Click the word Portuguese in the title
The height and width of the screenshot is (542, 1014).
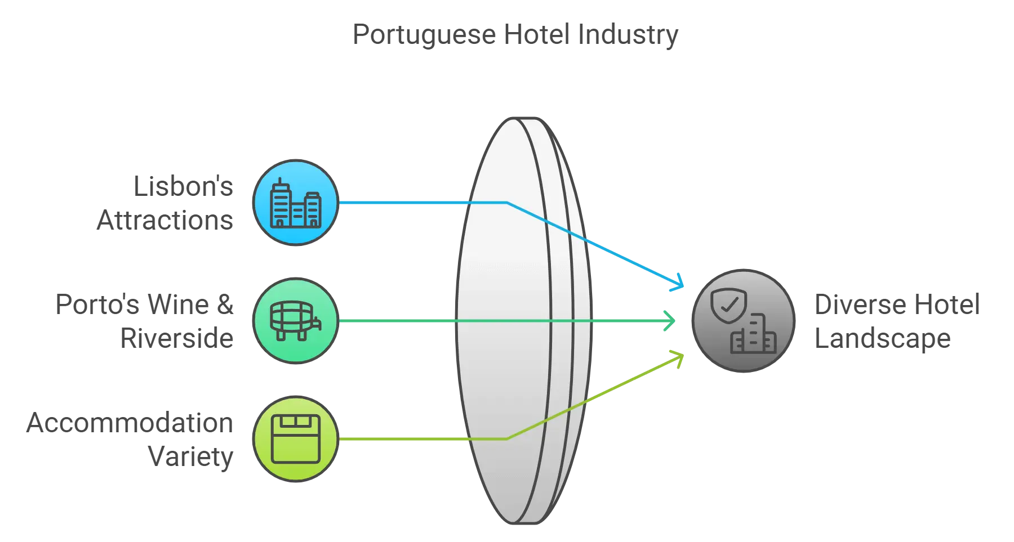click(424, 35)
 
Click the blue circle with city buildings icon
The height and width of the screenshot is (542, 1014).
click(296, 203)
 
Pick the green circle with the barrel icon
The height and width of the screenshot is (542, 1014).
click(296, 321)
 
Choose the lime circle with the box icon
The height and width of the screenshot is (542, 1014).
click(296, 439)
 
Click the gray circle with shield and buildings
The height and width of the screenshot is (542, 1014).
click(744, 321)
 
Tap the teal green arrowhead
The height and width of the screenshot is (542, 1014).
click(670, 321)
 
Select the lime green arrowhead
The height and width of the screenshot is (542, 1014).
click(678, 359)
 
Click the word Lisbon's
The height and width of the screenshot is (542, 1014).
click(183, 186)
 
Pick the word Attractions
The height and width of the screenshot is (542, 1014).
click(165, 220)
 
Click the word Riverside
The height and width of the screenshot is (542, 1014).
click(177, 338)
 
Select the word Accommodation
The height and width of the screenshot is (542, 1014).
click(130, 423)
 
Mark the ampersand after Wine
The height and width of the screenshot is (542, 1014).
click(225, 304)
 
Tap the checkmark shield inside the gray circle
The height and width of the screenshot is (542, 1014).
click(728, 306)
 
